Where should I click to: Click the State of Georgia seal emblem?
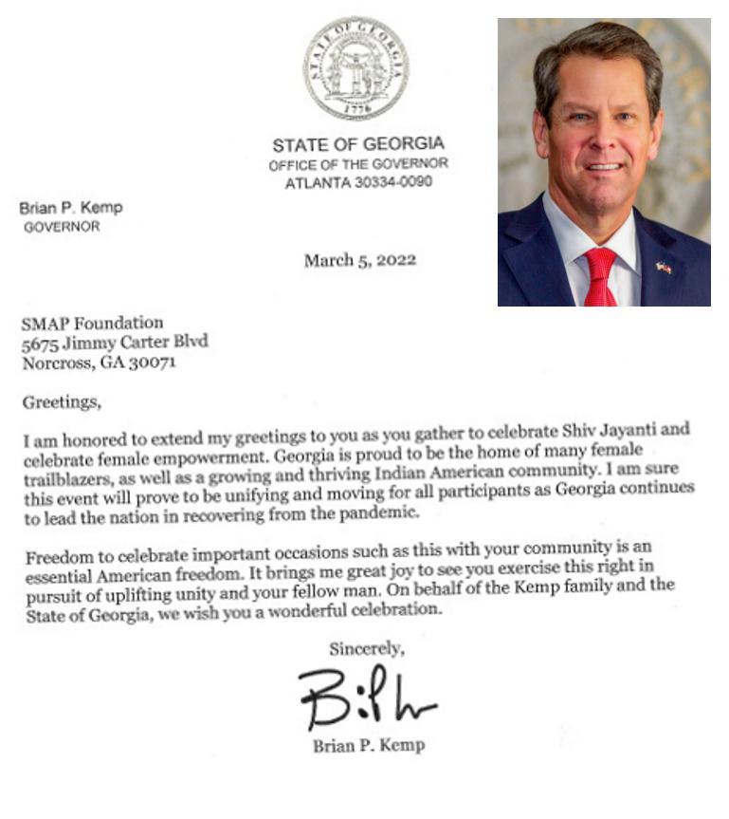[x=355, y=67]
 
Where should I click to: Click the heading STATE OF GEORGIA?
[x=357, y=145]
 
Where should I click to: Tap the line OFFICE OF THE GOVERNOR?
[x=357, y=164]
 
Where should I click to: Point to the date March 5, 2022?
[x=359, y=260]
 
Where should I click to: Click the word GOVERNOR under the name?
[x=62, y=228]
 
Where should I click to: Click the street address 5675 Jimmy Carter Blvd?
[x=114, y=343]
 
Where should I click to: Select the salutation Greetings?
[x=61, y=402]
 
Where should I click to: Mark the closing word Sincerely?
[x=367, y=649]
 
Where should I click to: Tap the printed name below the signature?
[x=369, y=746]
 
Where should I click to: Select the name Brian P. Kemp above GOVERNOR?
[x=71, y=208]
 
